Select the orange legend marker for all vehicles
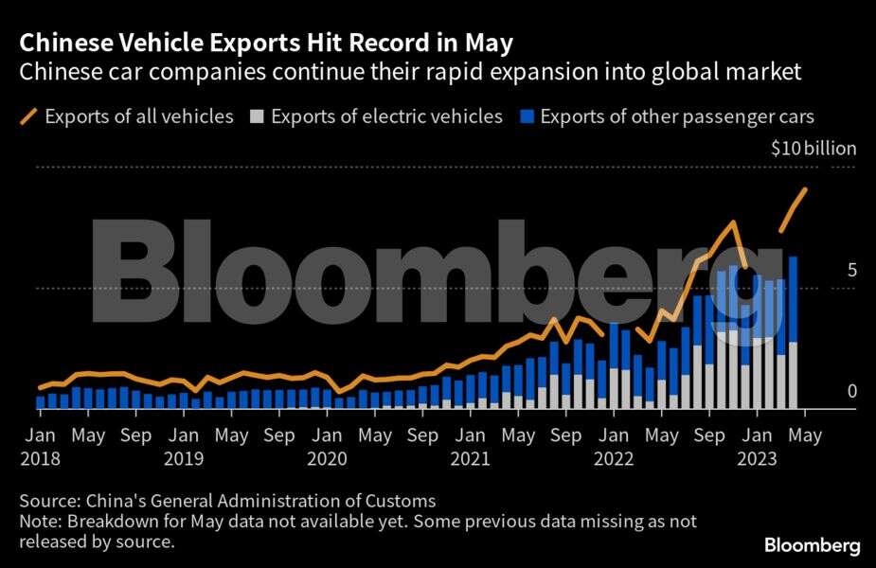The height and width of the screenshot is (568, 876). pos(28,117)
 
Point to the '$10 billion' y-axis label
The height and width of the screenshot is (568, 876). pos(813,149)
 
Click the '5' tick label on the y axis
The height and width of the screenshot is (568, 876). pos(851,271)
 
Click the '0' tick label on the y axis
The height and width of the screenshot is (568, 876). pos(851,391)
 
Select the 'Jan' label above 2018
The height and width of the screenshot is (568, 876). pos(40,436)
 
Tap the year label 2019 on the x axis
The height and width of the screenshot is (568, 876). pos(184,459)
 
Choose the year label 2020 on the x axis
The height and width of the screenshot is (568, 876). pos(327,459)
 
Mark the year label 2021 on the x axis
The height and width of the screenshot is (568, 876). pos(471,459)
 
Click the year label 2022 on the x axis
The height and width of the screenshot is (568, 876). pos(614,459)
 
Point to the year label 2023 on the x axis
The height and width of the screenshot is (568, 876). pos(757,459)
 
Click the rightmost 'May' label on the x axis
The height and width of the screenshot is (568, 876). pos(805,436)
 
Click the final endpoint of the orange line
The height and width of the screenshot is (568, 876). pos(805,189)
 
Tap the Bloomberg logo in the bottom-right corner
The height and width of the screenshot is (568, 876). pos(813,546)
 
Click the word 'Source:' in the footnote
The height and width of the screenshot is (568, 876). pos(49,501)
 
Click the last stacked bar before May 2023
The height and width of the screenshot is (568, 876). pos(793,331)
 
